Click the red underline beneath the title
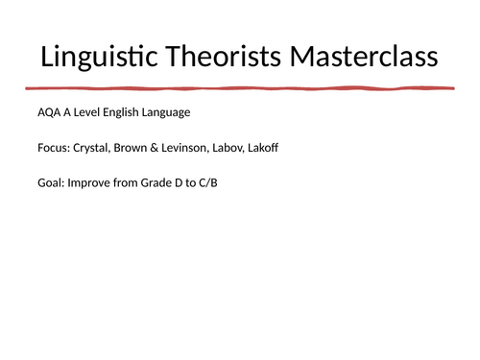tap(240, 89)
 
